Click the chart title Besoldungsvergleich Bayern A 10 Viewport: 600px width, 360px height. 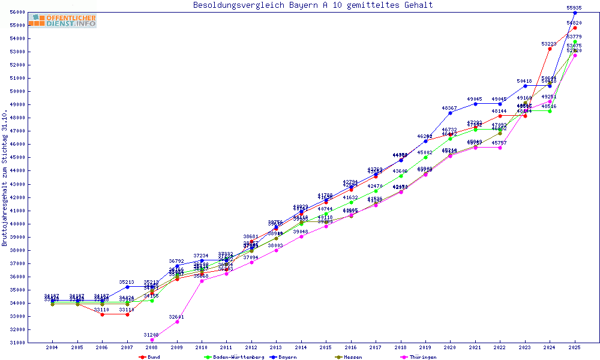coord(313,5)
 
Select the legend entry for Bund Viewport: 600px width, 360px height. coord(150,357)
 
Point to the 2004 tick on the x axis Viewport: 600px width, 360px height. coord(52,347)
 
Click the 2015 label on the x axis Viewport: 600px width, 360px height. coord(326,347)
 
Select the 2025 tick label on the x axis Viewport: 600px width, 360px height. coord(575,347)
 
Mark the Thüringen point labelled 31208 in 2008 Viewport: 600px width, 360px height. coord(152,340)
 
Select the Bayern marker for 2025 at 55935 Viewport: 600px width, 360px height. coord(575,13)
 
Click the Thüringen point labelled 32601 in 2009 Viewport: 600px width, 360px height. coord(176,322)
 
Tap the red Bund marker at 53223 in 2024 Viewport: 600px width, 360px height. coord(550,49)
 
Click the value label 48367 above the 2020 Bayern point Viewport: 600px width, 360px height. coord(449,108)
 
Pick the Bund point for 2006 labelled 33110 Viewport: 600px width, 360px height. coord(102,314)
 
